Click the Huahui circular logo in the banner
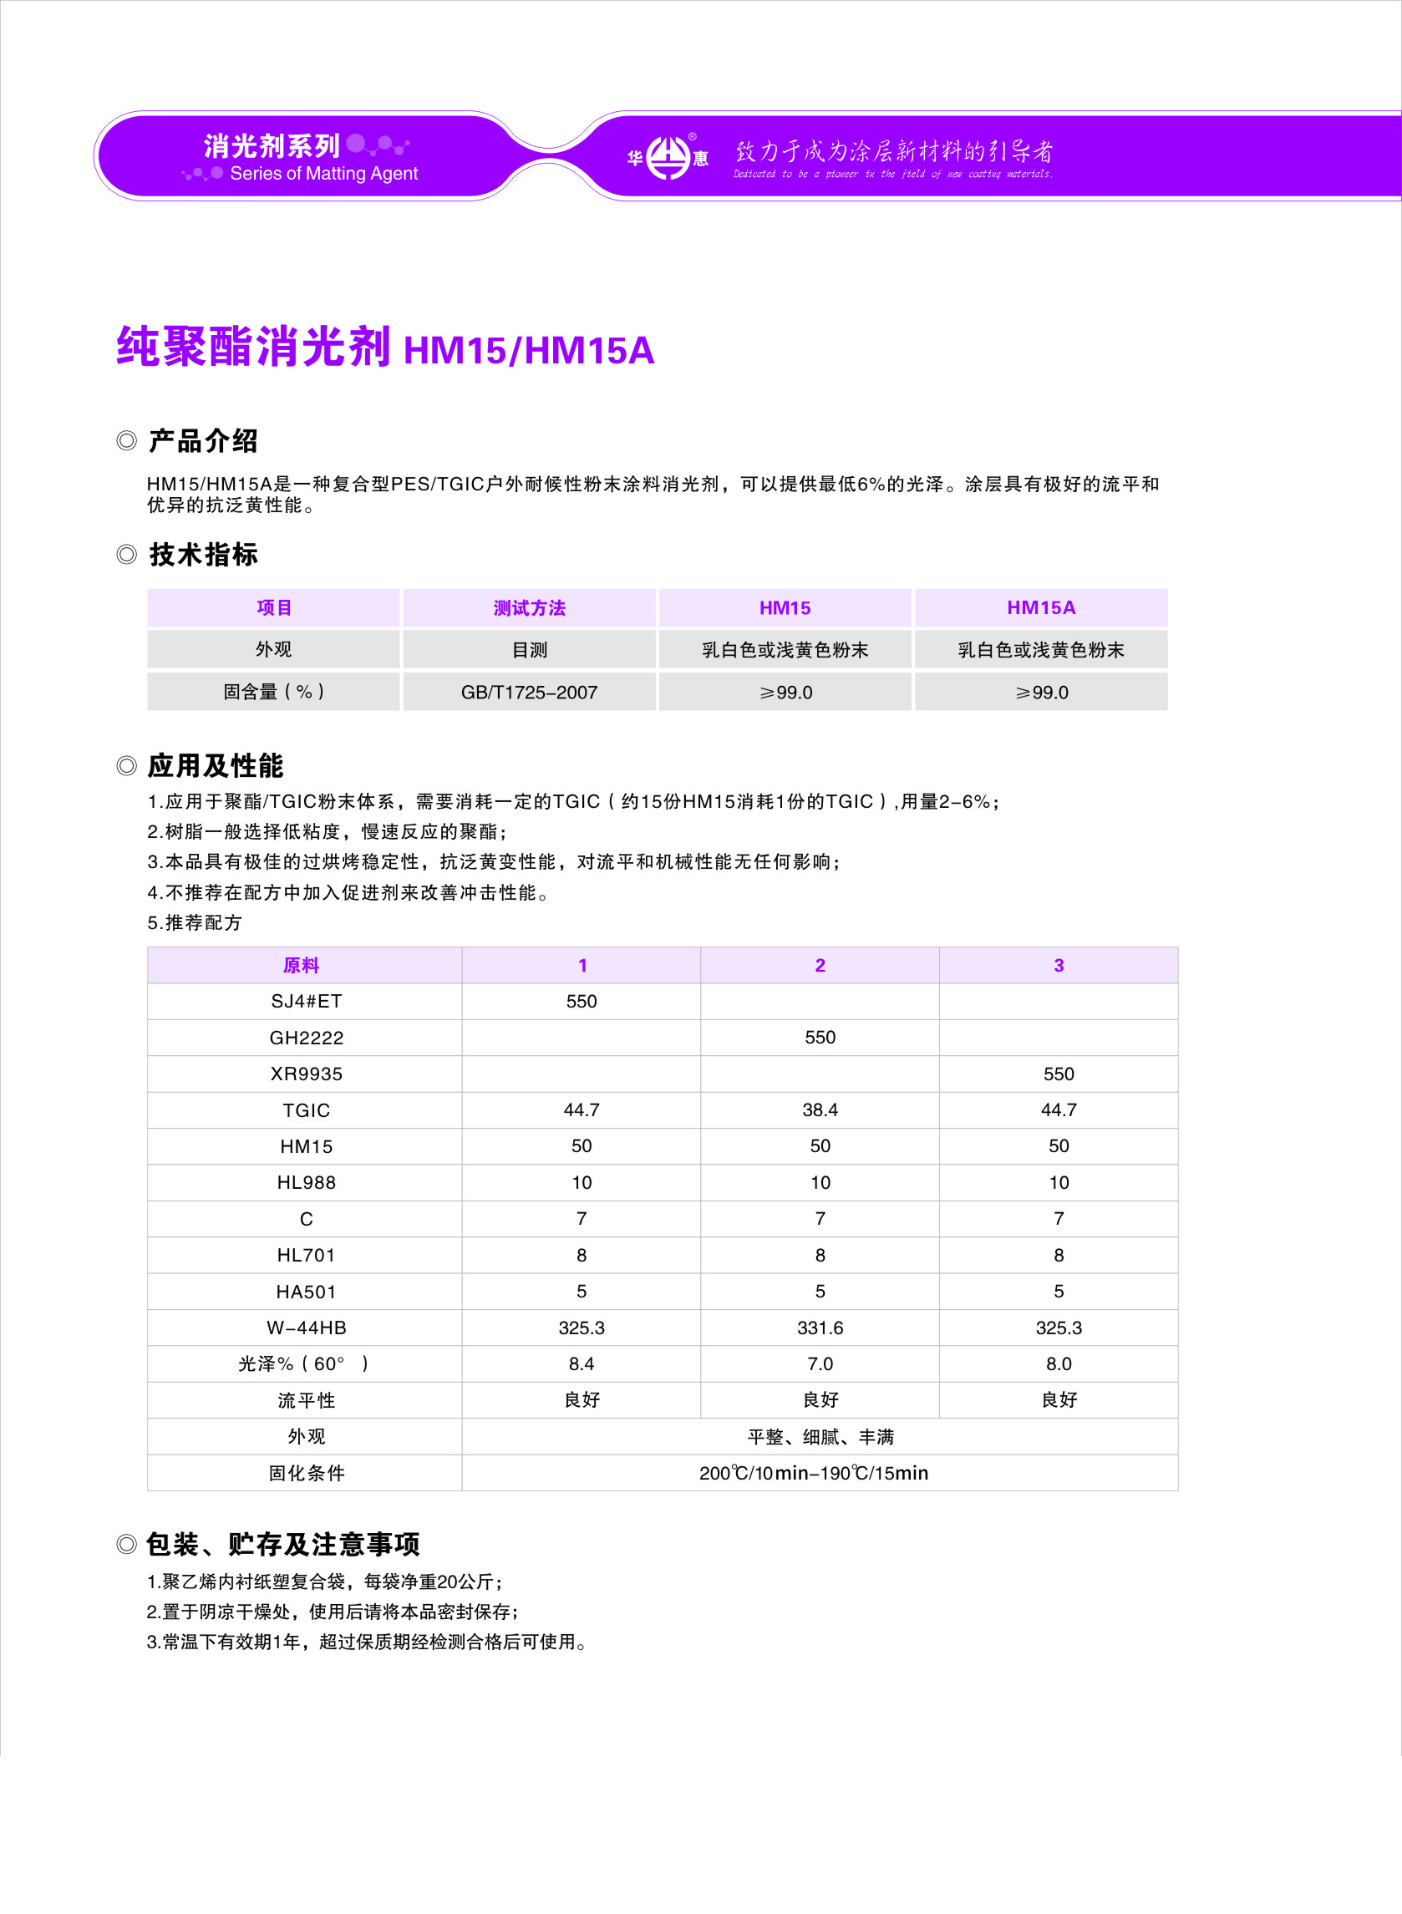668,158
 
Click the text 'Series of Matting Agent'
323,174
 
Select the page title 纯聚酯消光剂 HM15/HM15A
385,348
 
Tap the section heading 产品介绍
203,441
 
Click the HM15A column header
1040,607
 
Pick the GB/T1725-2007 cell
529,693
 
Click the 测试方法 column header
529,607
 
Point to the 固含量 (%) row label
273,693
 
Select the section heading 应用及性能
216,765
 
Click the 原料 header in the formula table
302,966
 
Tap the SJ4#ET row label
306,1001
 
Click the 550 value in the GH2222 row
820,1038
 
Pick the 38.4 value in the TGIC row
820,1109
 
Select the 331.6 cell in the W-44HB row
820,1328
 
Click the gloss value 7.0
820,1364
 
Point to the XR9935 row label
306,1074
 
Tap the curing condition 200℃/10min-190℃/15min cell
814,1473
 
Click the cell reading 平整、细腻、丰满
820,1436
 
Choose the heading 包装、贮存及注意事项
282,1544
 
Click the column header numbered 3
1059,966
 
